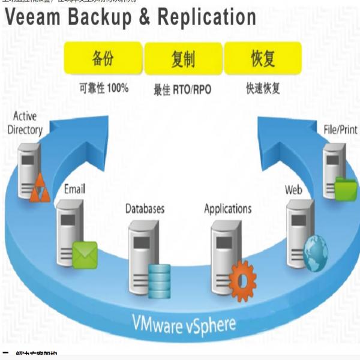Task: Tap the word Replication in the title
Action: point(206,17)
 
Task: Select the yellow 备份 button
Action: point(103,58)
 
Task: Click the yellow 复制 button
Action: point(182,59)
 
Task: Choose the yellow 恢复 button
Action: point(262,59)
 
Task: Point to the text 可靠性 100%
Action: point(104,88)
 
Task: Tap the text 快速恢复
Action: point(263,89)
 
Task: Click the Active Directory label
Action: point(25,123)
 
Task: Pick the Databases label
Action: point(145,209)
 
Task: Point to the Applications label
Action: point(227,209)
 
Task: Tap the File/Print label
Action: point(340,128)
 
